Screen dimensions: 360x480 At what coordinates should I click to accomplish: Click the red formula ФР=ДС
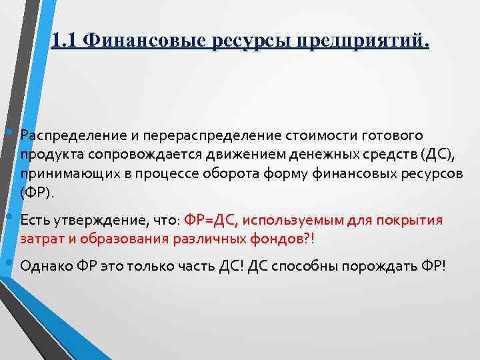[x=210, y=220]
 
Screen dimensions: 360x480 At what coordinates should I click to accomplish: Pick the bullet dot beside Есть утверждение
[x=9, y=217]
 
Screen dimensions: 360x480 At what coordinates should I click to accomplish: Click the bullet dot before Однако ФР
[x=9, y=263]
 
